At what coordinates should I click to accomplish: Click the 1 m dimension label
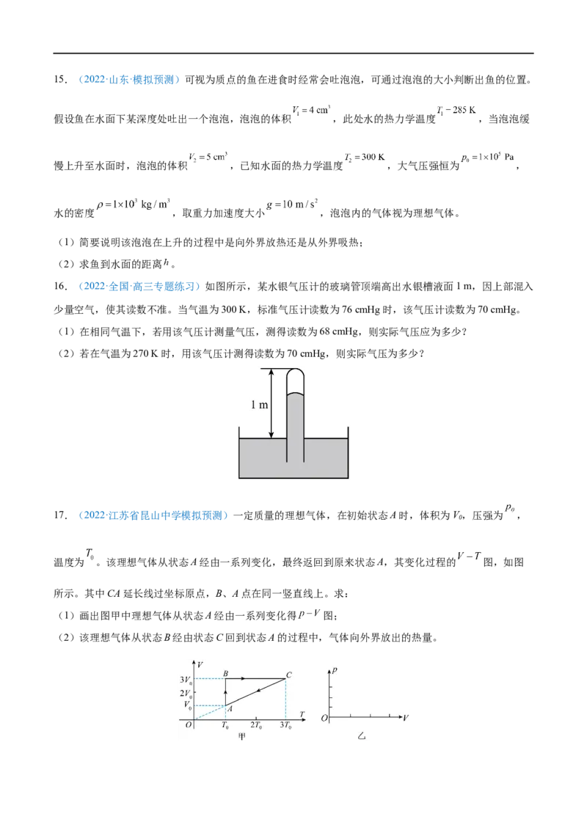pyautogui.click(x=259, y=405)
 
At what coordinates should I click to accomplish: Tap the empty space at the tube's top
pyautogui.click(x=294, y=382)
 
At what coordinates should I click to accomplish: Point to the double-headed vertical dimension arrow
pyautogui.click(x=271, y=404)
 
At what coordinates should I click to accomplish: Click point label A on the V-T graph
pyautogui.click(x=230, y=709)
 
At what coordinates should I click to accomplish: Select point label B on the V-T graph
pyautogui.click(x=226, y=673)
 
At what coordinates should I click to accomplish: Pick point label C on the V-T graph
pyautogui.click(x=289, y=675)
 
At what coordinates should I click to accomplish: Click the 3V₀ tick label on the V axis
pyautogui.click(x=186, y=679)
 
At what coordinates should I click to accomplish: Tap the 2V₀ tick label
pyautogui.click(x=186, y=692)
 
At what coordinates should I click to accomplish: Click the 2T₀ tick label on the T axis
pyautogui.click(x=256, y=725)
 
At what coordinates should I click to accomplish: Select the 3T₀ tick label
pyautogui.click(x=285, y=725)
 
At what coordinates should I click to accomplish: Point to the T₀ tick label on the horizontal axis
pyautogui.click(x=225, y=725)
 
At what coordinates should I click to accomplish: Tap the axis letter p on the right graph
pyautogui.click(x=335, y=670)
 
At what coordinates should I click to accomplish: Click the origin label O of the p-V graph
pyautogui.click(x=325, y=719)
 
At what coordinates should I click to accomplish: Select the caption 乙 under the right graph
pyautogui.click(x=361, y=735)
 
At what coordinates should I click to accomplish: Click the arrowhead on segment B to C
pyautogui.click(x=243, y=679)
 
